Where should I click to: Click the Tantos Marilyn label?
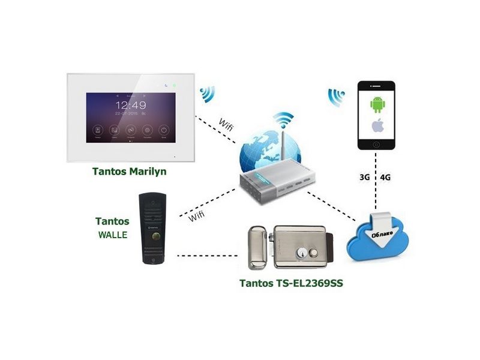coord(129,172)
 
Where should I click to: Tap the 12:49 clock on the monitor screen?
coord(131,104)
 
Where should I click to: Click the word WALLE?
coord(112,235)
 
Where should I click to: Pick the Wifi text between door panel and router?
coord(196,216)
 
